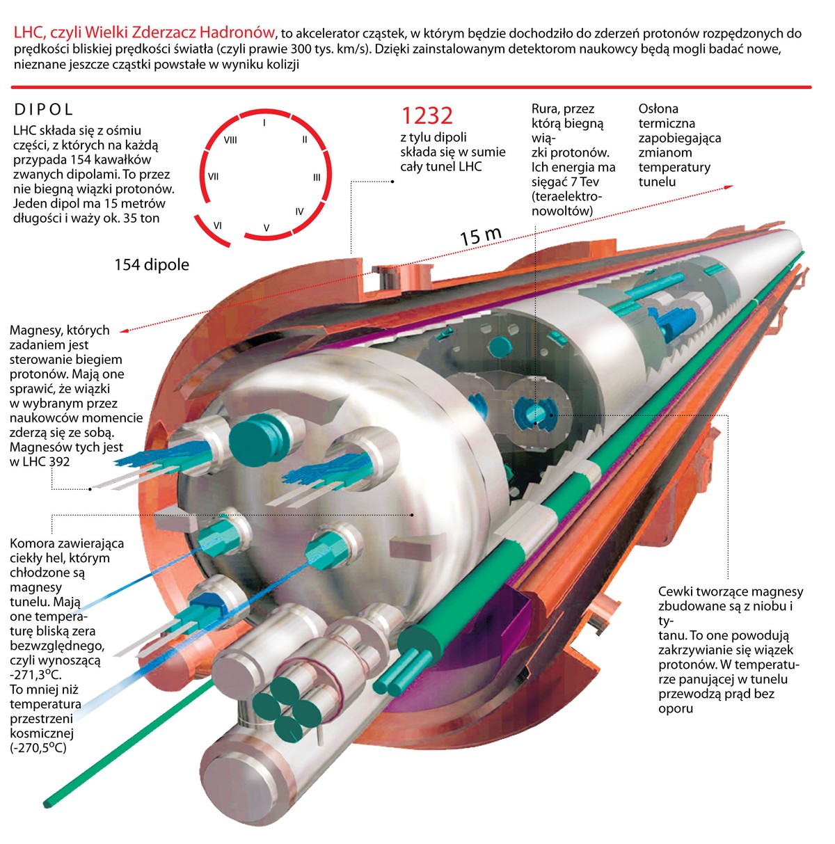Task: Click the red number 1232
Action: coord(427,115)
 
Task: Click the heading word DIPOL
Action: coord(44,109)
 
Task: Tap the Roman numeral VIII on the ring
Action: coord(230,140)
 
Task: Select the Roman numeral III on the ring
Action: coord(317,177)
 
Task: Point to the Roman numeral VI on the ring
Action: coord(218,225)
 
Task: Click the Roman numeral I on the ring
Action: coord(264,122)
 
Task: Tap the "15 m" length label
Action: coord(480,236)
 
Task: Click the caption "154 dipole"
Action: coord(152,265)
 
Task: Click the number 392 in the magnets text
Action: coord(59,461)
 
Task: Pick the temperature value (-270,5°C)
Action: coord(39,748)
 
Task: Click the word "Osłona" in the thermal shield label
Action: coord(658,109)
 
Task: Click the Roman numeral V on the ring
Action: coord(267,228)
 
